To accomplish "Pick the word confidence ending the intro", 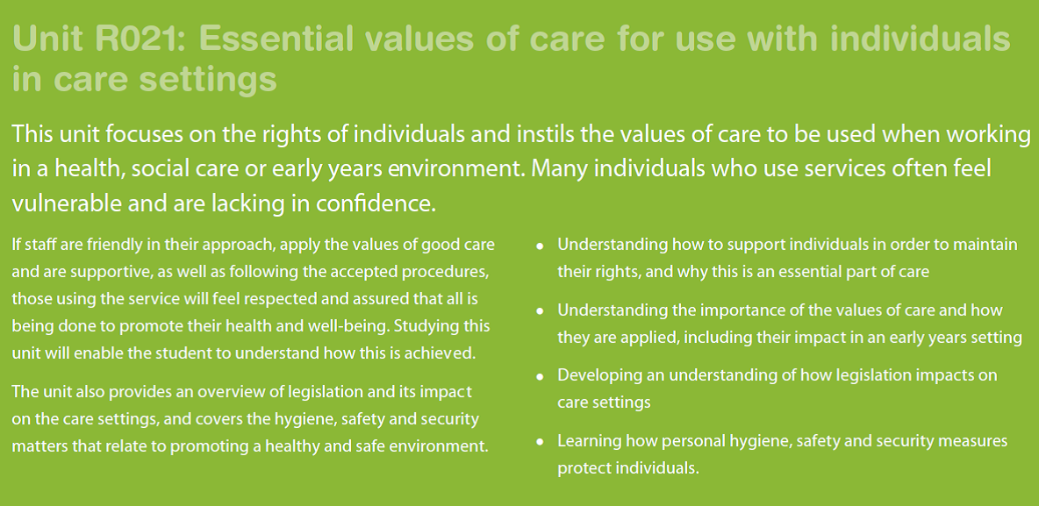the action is click(x=376, y=203).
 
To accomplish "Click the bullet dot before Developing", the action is click(x=540, y=377).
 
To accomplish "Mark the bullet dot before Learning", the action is click(x=540, y=442).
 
